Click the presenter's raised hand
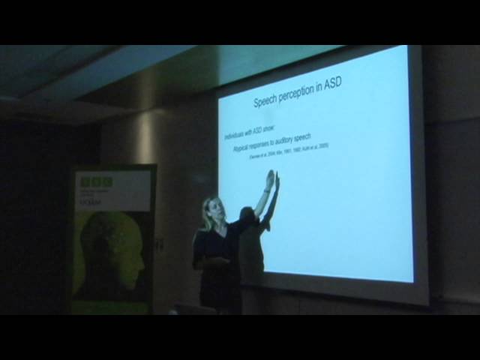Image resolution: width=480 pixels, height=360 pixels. [x=270, y=178]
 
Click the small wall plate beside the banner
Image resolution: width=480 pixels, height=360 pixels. [x=160, y=244]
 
